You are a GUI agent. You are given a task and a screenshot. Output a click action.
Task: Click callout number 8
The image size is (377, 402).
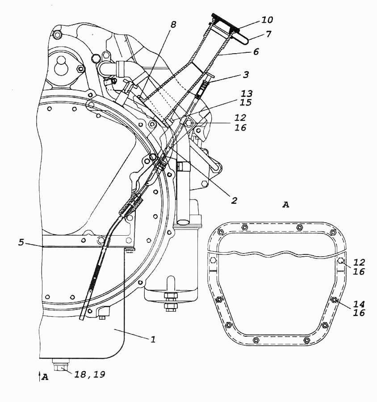173,25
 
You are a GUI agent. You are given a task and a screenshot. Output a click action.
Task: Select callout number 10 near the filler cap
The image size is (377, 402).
267,20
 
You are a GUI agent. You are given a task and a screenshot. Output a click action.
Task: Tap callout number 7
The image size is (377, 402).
268,34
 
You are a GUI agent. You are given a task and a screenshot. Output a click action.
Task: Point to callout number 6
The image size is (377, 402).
256,51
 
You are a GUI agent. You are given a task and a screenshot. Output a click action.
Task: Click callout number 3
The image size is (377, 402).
246,75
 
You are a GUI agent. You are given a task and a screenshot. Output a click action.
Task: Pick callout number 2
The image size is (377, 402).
234,200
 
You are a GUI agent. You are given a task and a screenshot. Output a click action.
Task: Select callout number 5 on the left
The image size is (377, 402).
21,242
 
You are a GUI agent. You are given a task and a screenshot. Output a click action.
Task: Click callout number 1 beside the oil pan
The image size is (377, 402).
153,339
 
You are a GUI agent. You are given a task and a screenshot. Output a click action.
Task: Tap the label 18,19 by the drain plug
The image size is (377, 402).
90,375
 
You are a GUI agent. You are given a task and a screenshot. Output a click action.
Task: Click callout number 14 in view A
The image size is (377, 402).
359,304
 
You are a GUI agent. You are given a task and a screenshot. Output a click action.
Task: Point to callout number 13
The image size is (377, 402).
247,93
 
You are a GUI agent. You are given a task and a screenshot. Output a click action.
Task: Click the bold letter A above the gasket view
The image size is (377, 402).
285,205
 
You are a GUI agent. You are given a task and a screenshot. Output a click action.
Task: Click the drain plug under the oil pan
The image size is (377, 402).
61,364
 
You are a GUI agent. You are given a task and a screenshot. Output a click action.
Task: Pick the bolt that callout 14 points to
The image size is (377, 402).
334,300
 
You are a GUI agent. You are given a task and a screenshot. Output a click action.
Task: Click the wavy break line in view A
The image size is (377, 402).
277,254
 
